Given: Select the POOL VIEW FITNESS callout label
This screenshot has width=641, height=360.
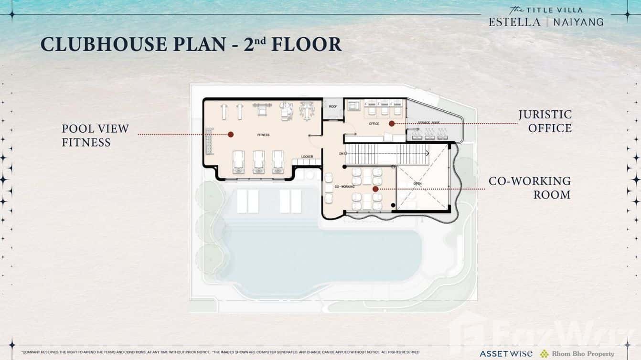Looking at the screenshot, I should pos(95,135).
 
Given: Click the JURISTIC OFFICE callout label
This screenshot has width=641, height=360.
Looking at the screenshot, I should pos(545,121).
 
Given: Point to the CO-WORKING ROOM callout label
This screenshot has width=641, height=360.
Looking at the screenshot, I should pos(529,188).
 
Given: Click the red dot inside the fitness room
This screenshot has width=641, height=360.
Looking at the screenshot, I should pos(231,135).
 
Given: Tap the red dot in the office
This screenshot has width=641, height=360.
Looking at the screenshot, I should pos(392,124).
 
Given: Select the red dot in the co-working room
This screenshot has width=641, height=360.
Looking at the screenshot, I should pos(375,189).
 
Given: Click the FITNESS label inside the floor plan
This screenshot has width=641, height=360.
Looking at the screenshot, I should pos(263,135).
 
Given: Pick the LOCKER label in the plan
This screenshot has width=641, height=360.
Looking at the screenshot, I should pos(307,157).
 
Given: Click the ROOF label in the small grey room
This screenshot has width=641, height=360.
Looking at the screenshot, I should pos(333,106).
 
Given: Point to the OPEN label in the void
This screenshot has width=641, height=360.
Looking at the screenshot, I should pos(417,183).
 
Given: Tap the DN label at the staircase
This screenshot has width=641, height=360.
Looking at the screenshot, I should pos(341,154).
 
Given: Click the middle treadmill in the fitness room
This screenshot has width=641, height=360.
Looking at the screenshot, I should pos(258,161).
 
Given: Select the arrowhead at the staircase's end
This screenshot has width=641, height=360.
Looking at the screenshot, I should pos(427,153).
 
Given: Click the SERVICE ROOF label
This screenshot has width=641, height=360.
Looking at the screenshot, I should pos(428,123).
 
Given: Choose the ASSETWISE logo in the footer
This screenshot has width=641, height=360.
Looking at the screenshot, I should pos(506,354).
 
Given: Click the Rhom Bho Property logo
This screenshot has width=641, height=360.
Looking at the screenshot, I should pos(577,354).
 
